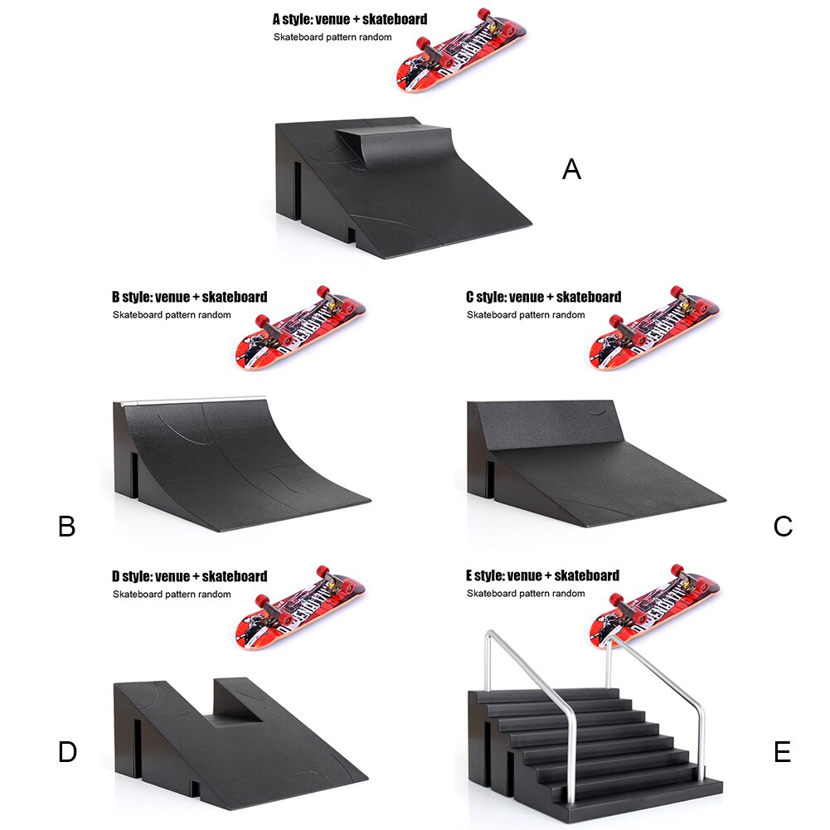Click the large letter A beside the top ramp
tap(571, 169)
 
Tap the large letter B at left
tap(67, 527)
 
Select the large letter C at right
tap(783, 527)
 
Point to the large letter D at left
tap(67, 752)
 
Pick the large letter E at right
tap(782, 752)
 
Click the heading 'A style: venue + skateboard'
tap(350, 18)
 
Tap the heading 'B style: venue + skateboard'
tap(189, 297)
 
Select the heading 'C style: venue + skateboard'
tap(543, 297)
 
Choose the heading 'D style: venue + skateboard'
tap(189, 576)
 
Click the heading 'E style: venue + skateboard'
tap(542, 575)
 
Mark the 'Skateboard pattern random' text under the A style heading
tap(332, 37)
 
